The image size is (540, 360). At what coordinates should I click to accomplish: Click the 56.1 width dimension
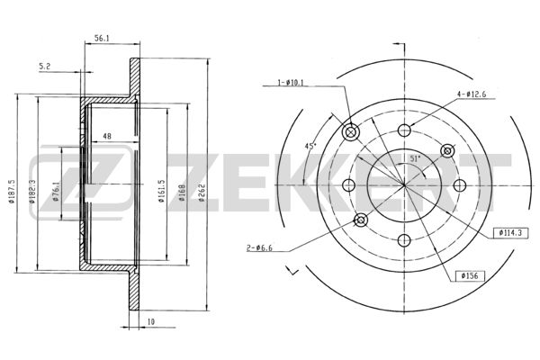(x=102, y=39)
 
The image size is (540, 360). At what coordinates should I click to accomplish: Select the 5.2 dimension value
(x=44, y=67)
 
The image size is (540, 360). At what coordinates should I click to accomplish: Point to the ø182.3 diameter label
(x=32, y=192)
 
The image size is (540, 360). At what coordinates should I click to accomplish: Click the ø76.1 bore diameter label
(x=55, y=191)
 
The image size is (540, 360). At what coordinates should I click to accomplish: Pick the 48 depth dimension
(x=107, y=137)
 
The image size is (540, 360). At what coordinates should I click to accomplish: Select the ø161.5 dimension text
(x=162, y=191)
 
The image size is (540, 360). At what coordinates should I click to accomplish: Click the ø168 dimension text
(x=182, y=193)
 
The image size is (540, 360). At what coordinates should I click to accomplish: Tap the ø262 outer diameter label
(x=202, y=193)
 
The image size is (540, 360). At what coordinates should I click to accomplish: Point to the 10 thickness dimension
(x=151, y=322)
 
